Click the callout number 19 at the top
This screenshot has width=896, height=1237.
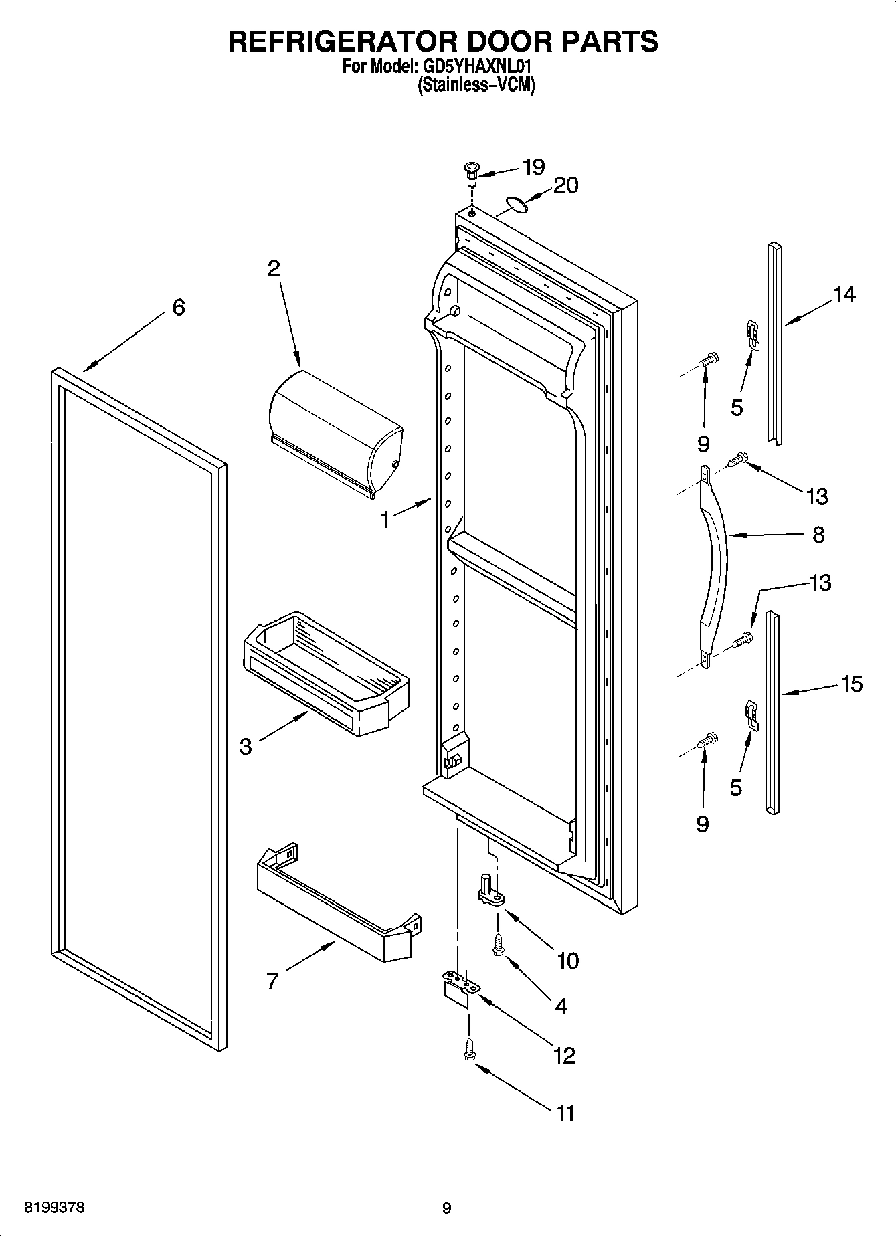coord(533,167)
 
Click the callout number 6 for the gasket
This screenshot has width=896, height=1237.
coord(178,307)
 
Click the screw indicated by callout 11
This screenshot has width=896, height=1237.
coord(468,1052)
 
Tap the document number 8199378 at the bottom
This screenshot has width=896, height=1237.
coord(55,1208)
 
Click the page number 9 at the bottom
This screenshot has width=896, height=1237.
coord(447,1208)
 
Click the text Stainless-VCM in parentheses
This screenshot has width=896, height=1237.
coord(476,86)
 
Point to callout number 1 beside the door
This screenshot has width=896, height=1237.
coord(385,520)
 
